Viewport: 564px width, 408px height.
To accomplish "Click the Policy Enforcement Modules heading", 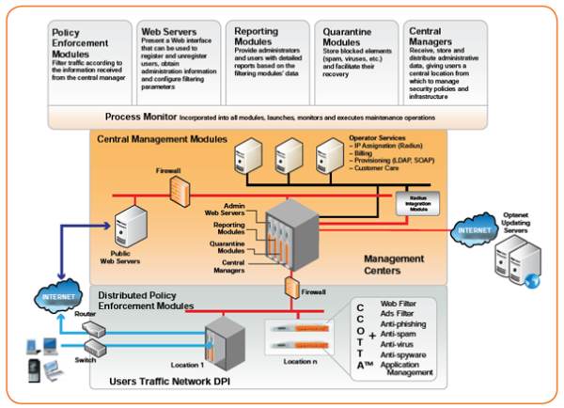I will point(80,43).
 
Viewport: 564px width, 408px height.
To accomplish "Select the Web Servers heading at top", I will point(166,31).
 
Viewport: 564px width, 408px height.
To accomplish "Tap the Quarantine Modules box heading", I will point(343,38).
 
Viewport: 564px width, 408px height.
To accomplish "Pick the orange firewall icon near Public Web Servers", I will point(176,189).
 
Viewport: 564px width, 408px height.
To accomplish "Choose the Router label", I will point(84,315).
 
